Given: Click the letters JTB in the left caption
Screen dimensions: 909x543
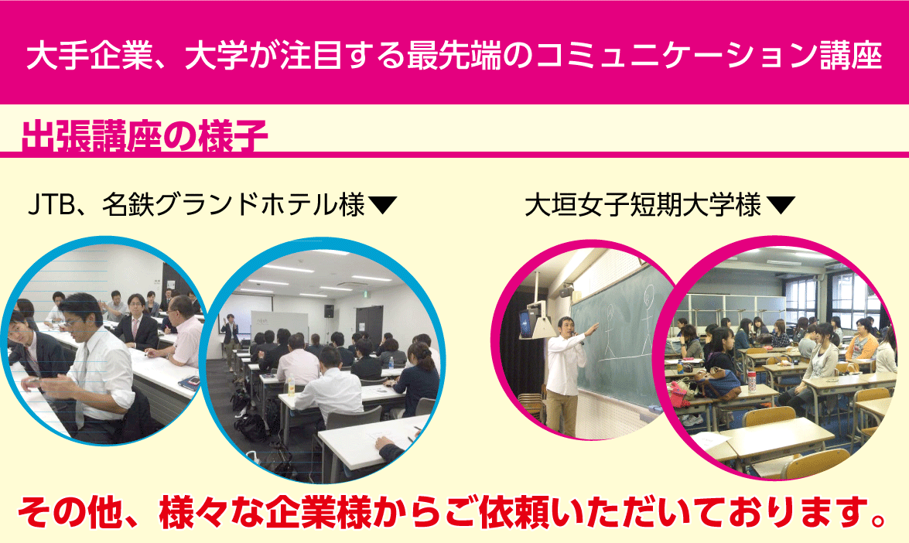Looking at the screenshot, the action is [52, 205].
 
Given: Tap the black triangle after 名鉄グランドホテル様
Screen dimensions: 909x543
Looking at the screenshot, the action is [383, 205].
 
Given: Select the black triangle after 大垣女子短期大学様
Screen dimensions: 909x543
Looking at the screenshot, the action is [781, 205].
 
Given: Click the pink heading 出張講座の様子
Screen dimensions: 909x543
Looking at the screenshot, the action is [145, 137].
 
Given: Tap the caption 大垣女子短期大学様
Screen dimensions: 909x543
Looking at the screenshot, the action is [642, 205].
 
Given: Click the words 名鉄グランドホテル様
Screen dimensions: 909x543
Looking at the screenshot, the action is [234, 205].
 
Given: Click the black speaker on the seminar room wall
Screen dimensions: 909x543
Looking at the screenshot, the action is [329, 311].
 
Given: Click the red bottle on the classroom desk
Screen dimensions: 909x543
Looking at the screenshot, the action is [753, 382].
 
